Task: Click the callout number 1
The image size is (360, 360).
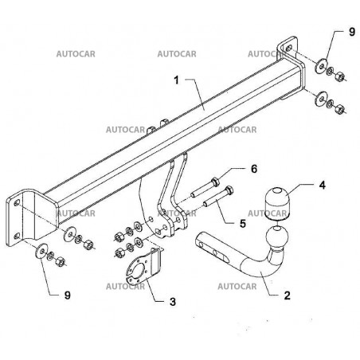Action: coord(177,80)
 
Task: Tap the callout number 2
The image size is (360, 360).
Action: coord(287,295)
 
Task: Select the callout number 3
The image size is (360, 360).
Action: coord(173,302)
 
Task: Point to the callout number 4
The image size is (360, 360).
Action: coord(322,185)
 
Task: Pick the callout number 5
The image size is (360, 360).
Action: coord(243,223)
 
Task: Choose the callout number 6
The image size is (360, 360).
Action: coord(254,169)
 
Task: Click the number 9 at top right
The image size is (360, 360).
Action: coord(351,32)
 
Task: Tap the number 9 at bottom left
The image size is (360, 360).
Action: coord(68,295)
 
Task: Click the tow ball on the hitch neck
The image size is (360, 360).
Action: coord(277,237)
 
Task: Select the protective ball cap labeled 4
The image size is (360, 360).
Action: coord(276,204)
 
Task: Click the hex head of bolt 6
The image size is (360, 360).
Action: coord(215,182)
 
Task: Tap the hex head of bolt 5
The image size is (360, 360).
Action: coord(229,190)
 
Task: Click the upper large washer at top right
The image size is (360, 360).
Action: coord(321,65)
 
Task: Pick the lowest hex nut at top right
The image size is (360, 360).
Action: coord(339,108)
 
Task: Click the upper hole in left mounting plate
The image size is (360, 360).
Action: coord(17,203)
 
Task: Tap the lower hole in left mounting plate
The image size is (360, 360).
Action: coord(17,236)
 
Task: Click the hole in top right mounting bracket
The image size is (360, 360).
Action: coord(289,49)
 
